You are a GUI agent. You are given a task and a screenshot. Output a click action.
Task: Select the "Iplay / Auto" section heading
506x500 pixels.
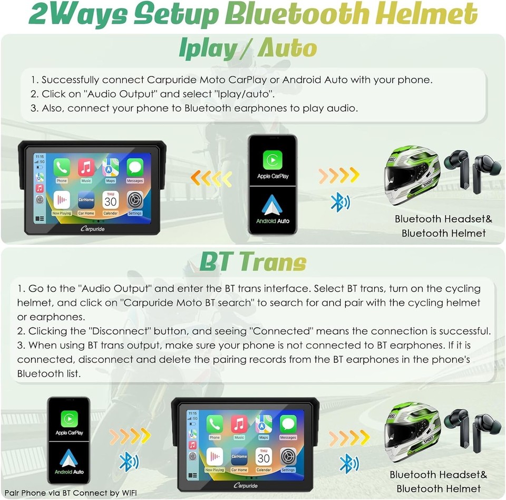click(248, 49)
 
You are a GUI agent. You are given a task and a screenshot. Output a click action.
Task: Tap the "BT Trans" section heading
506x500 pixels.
click(253, 262)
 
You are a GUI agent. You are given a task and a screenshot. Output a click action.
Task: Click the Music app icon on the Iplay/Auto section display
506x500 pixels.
click(86, 168)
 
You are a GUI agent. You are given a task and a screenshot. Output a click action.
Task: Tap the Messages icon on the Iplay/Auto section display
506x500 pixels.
click(135, 168)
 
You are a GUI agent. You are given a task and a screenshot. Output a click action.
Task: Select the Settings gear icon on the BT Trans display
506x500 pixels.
click(288, 456)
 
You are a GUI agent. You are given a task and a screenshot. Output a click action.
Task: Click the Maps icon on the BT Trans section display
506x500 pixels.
click(264, 424)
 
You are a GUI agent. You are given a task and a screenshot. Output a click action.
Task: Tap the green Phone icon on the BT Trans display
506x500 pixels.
click(215, 424)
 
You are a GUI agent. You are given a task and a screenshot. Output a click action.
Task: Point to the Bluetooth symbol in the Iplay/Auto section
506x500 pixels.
click(337, 202)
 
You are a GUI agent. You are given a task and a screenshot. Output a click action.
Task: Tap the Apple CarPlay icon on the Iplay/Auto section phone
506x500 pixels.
click(273, 159)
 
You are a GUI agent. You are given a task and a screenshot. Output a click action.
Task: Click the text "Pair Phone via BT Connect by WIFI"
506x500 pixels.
click(70, 493)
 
